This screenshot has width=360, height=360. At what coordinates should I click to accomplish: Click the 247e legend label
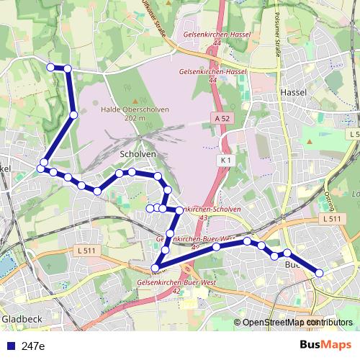[33, 346]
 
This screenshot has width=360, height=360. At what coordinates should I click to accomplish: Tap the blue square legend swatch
[9, 346]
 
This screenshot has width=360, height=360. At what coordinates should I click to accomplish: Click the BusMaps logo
[325, 346]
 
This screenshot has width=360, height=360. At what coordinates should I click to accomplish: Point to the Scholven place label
[133, 154]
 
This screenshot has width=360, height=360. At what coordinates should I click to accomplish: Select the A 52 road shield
[222, 117]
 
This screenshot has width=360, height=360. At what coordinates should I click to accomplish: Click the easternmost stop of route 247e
[320, 273]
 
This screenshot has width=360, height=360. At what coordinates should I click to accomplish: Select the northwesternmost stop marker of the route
[50, 68]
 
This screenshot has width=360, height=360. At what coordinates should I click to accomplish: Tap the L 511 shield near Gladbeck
[85, 251]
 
